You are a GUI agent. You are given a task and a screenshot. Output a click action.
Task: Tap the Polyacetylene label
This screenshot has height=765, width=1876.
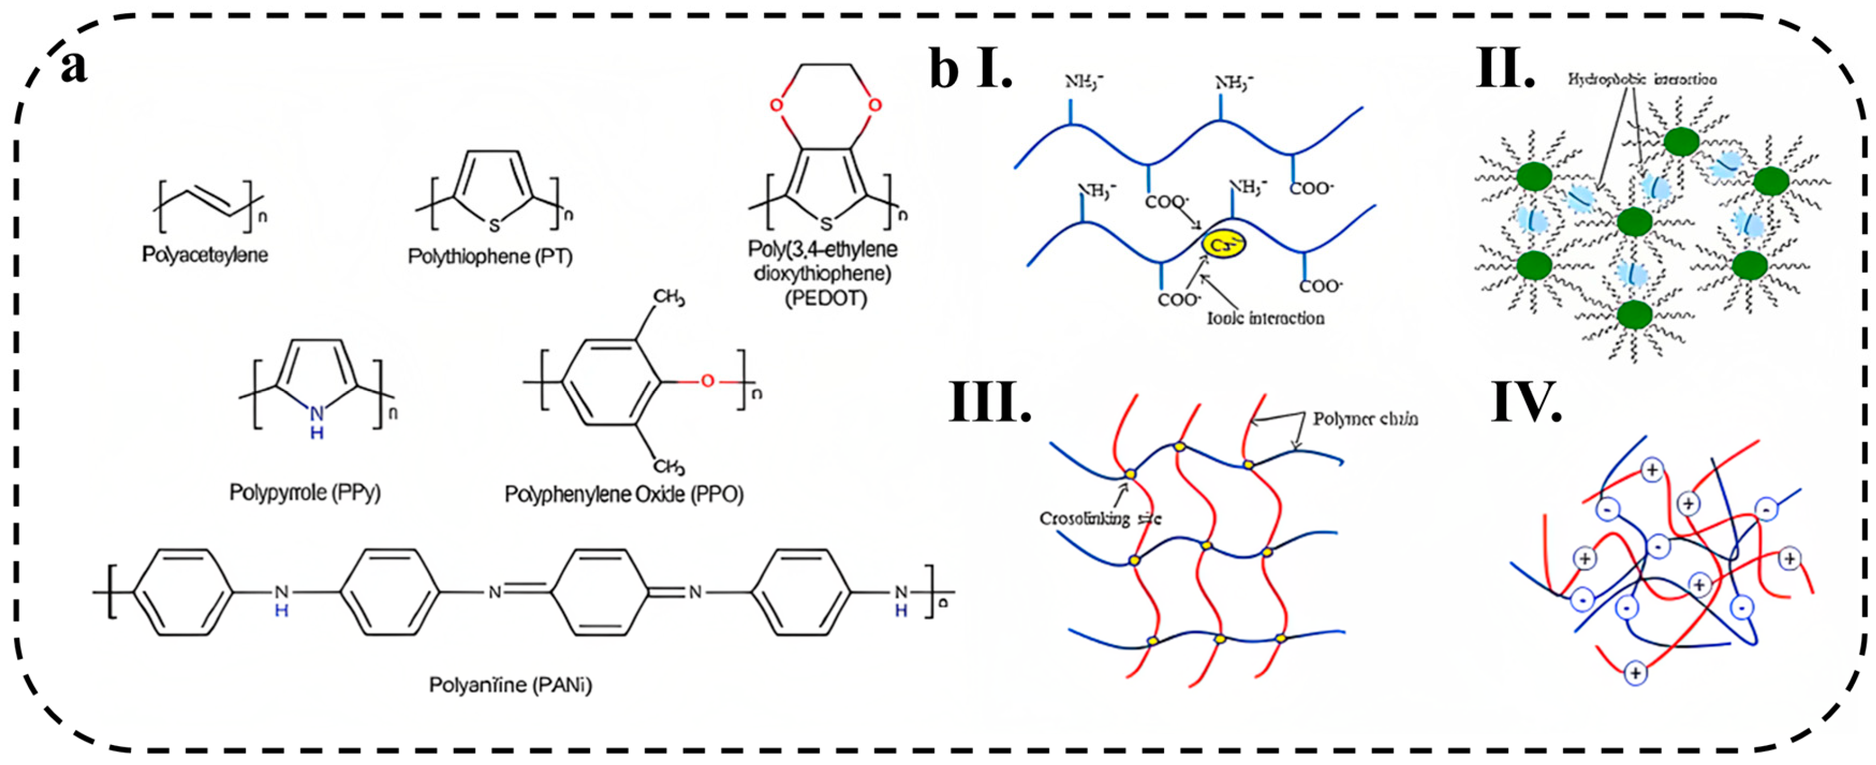point(205,255)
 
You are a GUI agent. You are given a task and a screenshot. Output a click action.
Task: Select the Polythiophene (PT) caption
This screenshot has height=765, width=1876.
point(490,257)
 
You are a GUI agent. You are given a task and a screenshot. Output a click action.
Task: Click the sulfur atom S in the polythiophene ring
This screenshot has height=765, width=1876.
point(494,225)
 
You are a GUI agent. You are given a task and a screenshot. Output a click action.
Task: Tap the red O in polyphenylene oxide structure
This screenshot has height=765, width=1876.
point(707,381)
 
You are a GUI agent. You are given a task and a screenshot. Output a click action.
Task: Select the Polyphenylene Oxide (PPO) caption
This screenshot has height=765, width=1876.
point(624,495)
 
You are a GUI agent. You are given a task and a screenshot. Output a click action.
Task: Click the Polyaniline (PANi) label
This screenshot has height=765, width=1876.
point(510,685)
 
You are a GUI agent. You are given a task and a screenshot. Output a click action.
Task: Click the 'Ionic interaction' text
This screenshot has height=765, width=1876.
point(1265,318)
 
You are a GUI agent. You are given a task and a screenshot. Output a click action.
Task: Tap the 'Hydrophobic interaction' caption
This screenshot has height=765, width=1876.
point(1642,79)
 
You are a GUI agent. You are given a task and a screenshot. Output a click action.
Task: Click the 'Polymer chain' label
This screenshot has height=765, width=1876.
point(1365,419)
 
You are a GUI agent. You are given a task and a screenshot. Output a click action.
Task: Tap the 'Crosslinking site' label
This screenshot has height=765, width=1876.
point(1100,519)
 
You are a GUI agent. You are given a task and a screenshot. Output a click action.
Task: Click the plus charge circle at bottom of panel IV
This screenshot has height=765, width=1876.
point(1635,673)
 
